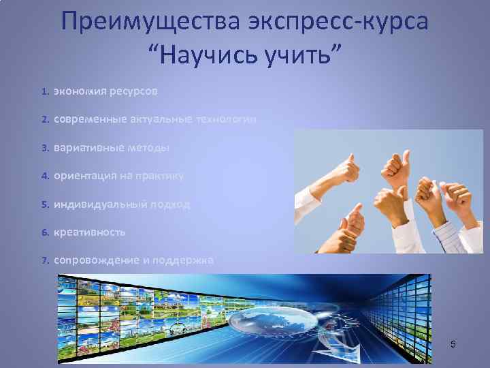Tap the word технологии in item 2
coord(227,119)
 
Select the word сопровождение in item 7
coord(93,260)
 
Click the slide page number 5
coord(453,347)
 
